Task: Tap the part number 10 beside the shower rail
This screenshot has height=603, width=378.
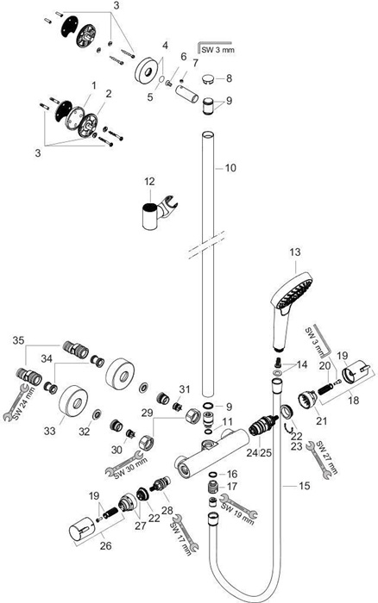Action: (x=230, y=168)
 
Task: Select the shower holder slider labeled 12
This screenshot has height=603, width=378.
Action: (x=154, y=213)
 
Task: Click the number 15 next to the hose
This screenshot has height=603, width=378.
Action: (x=304, y=486)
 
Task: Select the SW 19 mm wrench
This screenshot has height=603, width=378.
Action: (x=238, y=507)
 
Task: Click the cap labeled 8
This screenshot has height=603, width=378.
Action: (x=209, y=79)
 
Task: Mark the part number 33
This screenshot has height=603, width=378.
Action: (x=50, y=431)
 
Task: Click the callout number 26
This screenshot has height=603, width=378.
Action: (x=105, y=545)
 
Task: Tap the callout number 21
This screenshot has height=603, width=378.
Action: (x=321, y=420)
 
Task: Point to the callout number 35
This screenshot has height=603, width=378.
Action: (x=18, y=340)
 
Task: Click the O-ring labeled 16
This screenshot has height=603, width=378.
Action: (x=211, y=475)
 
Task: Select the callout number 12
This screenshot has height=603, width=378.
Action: (x=149, y=181)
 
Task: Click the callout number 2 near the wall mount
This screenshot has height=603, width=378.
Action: (x=109, y=93)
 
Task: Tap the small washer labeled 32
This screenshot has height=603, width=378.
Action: (x=97, y=413)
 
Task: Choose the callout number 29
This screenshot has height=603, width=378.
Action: (x=147, y=413)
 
